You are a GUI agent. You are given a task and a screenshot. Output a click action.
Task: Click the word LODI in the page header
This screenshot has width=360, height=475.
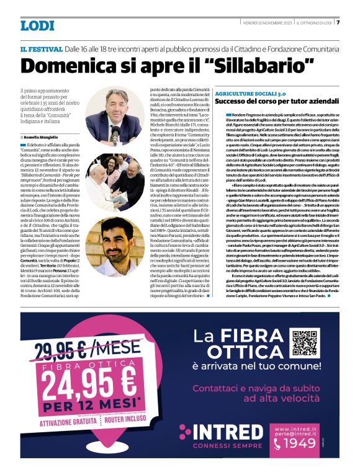[37, 25]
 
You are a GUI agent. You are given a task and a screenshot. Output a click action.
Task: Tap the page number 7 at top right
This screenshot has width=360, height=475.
[338, 23]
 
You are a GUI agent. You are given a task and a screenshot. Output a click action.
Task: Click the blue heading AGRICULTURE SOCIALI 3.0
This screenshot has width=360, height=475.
[250, 92]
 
